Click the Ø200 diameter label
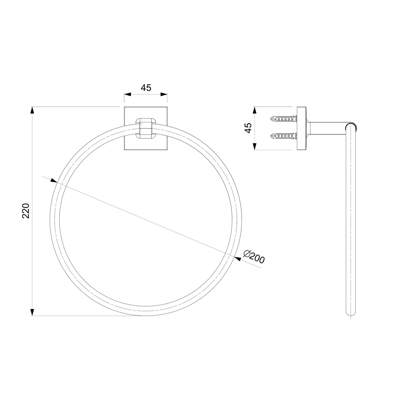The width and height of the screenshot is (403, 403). click(x=254, y=257)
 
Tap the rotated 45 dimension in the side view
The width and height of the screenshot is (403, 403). click(x=249, y=128)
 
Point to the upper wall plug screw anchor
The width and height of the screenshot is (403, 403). click(x=283, y=119)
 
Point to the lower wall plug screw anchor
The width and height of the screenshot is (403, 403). click(x=283, y=136)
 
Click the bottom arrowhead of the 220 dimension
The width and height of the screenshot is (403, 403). click(x=32, y=312)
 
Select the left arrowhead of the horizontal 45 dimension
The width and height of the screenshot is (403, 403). click(x=128, y=94)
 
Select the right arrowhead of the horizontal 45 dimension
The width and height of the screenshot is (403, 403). click(x=164, y=94)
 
